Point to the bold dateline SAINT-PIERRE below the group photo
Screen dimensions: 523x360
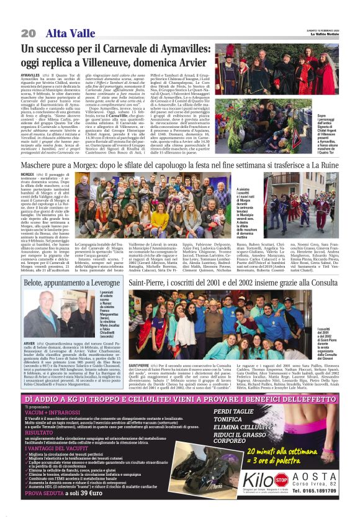140,365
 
